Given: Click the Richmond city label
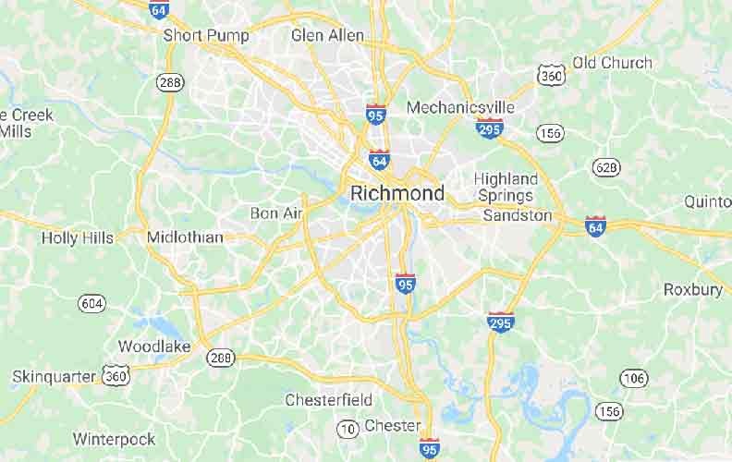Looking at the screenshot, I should [397, 194].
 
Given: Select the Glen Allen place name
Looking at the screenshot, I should [327, 35].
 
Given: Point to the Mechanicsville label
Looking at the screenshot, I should [460, 107].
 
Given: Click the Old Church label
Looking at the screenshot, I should [612, 63].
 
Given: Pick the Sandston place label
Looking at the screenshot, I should [518, 215].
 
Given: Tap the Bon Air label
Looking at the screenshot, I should [276, 213].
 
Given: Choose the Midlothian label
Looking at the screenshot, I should [185, 237].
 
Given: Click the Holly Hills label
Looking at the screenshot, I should [78, 237].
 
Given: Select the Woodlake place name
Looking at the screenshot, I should [154, 346].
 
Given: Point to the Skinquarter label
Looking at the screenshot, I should [54, 376].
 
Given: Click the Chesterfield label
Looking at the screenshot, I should [328, 400].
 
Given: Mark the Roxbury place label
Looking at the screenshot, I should [693, 289].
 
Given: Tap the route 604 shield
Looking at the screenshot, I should [91, 302].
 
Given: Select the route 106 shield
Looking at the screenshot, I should [633, 377].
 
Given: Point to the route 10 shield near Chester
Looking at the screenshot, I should [348, 428].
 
